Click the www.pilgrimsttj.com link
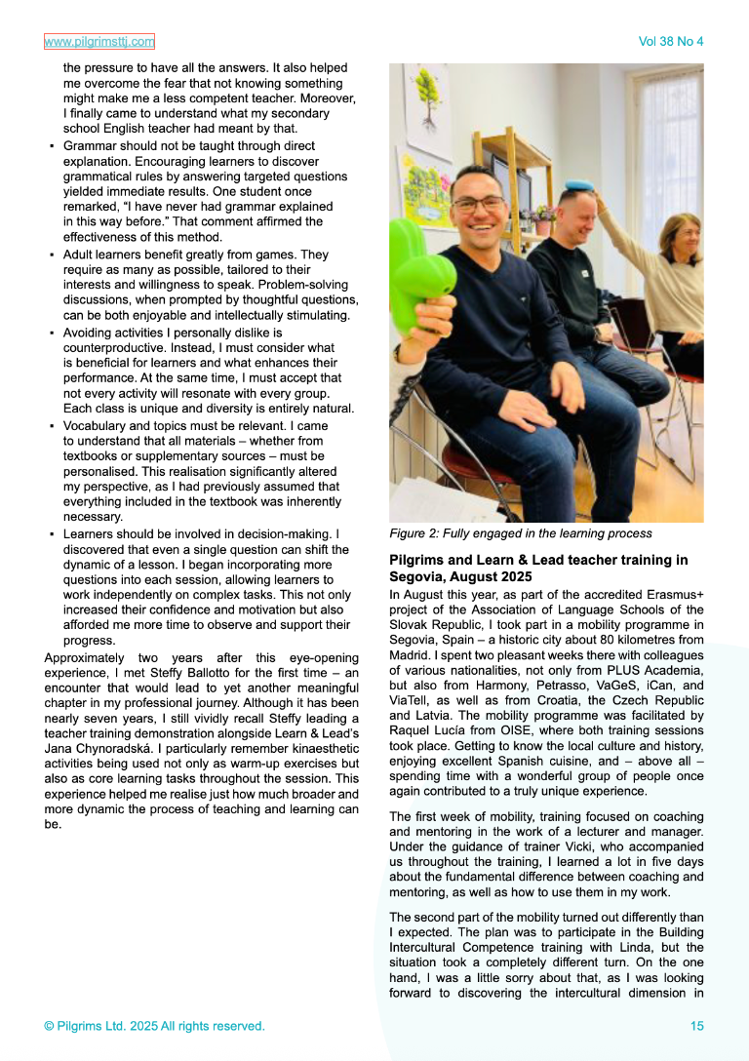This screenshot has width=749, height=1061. pyautogui.click(x=99, y=42)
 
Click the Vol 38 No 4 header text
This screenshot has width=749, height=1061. pyautogui.click(x=670, y=42)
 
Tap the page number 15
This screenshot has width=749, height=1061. pyautogui.click(x=696, y=1026)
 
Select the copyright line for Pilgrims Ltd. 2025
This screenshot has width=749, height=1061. pyautogui.click(x=154, y=1026)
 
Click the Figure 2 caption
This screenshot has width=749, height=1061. pyautogui.click(x=520, y=533)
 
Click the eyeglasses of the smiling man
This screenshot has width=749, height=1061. pyautogui.click(x=478, y=205)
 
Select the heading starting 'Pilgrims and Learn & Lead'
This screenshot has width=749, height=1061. pyautogui.click(x=538, y=568)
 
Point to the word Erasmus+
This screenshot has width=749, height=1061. pyautogui.click(x=675, y=594)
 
